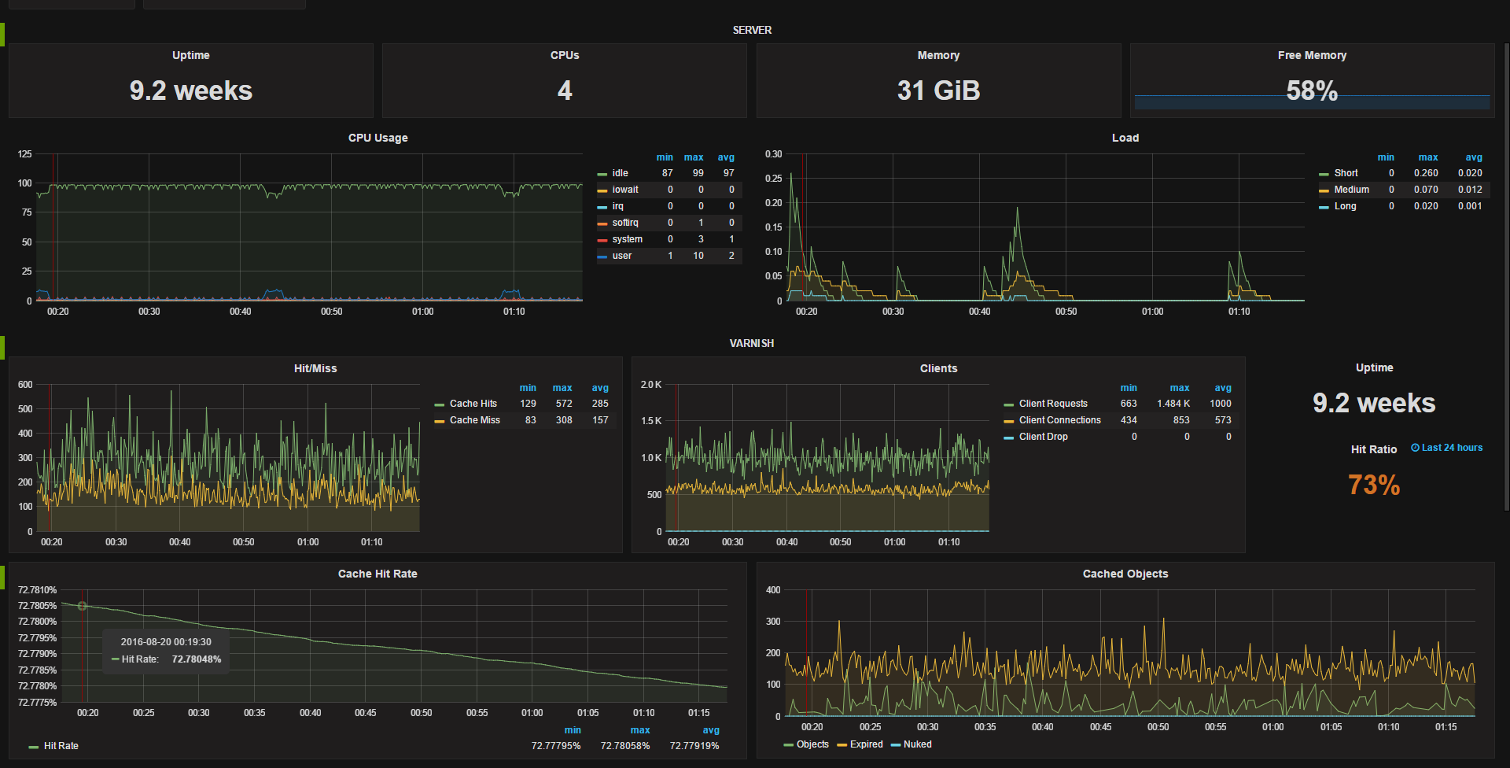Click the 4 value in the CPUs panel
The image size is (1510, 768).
[565, 90]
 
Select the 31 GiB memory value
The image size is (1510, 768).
[938, 90]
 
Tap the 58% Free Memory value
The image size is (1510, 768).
[1312, 90]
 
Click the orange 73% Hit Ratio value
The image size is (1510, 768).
[1374, 485]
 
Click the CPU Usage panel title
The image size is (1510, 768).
[377, 138]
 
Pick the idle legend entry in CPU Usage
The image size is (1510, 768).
[620, 173]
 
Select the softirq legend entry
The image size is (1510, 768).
[625, 223]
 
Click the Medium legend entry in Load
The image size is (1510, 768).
[1351, 190]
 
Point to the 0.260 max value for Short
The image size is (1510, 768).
[1426, 173]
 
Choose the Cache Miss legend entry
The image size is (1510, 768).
[474, 420]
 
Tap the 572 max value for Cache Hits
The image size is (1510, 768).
[564, 404]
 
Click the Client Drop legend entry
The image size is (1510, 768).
[1043, 437]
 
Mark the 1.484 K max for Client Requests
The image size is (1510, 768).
[1173, 404]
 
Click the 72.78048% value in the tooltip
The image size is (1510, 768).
[197, 659]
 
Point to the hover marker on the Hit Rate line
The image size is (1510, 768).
[82, 606]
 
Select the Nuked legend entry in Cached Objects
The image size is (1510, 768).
[917, 744]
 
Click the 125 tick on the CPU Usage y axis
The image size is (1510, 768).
[25, 154]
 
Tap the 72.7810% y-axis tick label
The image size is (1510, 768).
[38, 590]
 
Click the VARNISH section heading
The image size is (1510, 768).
[751, 343]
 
